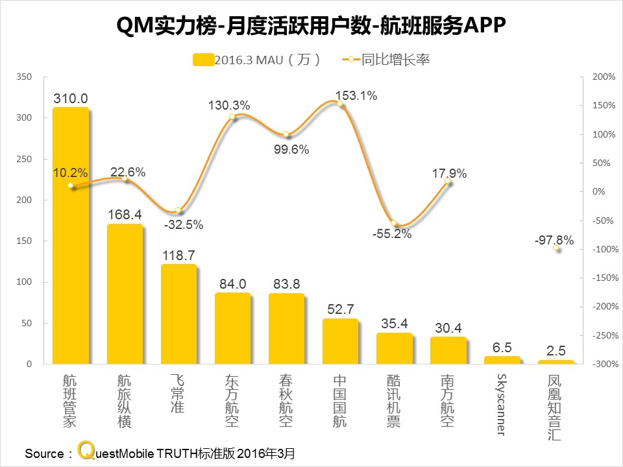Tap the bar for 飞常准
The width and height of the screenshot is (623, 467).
(178, 315)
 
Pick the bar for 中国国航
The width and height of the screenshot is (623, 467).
(340, 341)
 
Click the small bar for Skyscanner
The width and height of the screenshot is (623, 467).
(502, 360)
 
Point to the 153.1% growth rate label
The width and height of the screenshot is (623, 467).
(356, 96)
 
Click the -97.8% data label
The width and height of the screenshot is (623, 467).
(554, 240)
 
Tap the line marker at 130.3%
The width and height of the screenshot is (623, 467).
(232, 117)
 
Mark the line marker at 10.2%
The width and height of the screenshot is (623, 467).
(71, 186)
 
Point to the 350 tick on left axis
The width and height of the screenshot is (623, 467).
(23, 77)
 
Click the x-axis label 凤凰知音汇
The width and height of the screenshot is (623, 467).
(556, 407)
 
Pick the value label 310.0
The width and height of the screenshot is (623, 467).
(71, 99)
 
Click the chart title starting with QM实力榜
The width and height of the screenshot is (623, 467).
(311, 27)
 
